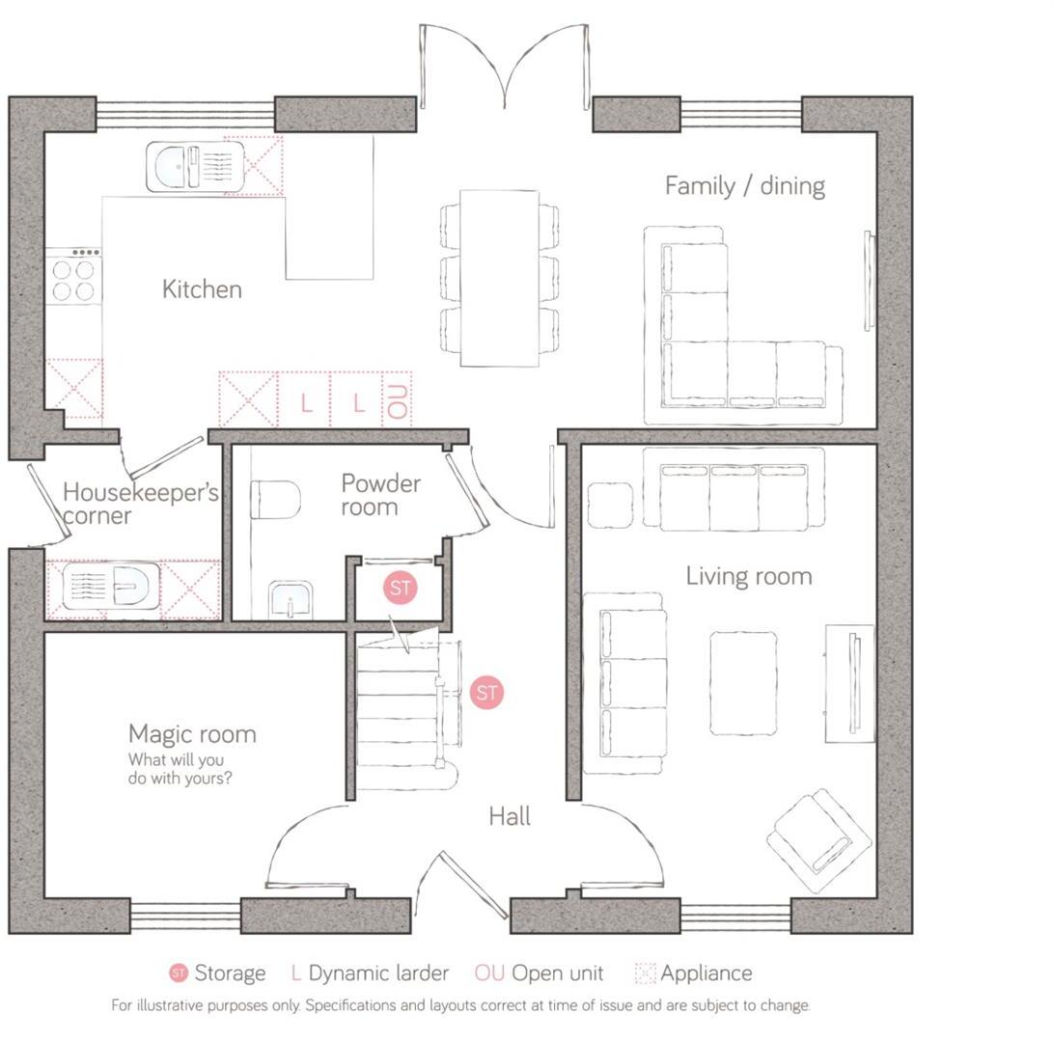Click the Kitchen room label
coord(202,288)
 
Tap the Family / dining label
coord(744,185)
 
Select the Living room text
coord(748,576)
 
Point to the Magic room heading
coord(192,733)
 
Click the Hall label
coord(509,816)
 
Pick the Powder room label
coord(380,494)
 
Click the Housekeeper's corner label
coord(139,504)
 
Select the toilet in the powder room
coord(274,500)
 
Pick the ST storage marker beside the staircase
coord(487,692)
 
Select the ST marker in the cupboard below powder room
coord(401,588)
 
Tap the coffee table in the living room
coord(742,682)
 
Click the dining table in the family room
coord(499,278)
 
